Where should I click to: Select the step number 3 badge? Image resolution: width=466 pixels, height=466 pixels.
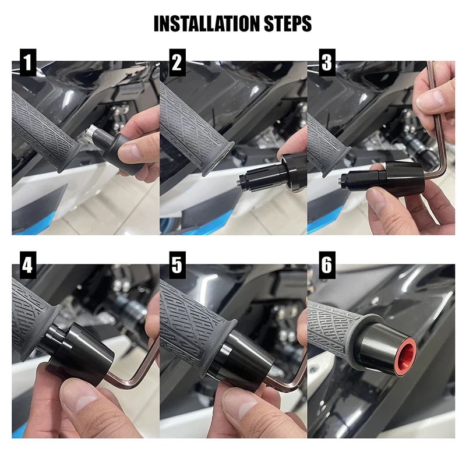326,63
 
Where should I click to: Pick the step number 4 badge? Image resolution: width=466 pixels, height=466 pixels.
26,266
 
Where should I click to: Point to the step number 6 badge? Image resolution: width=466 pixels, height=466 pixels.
326,266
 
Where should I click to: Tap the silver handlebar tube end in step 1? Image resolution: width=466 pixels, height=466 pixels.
93,135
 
